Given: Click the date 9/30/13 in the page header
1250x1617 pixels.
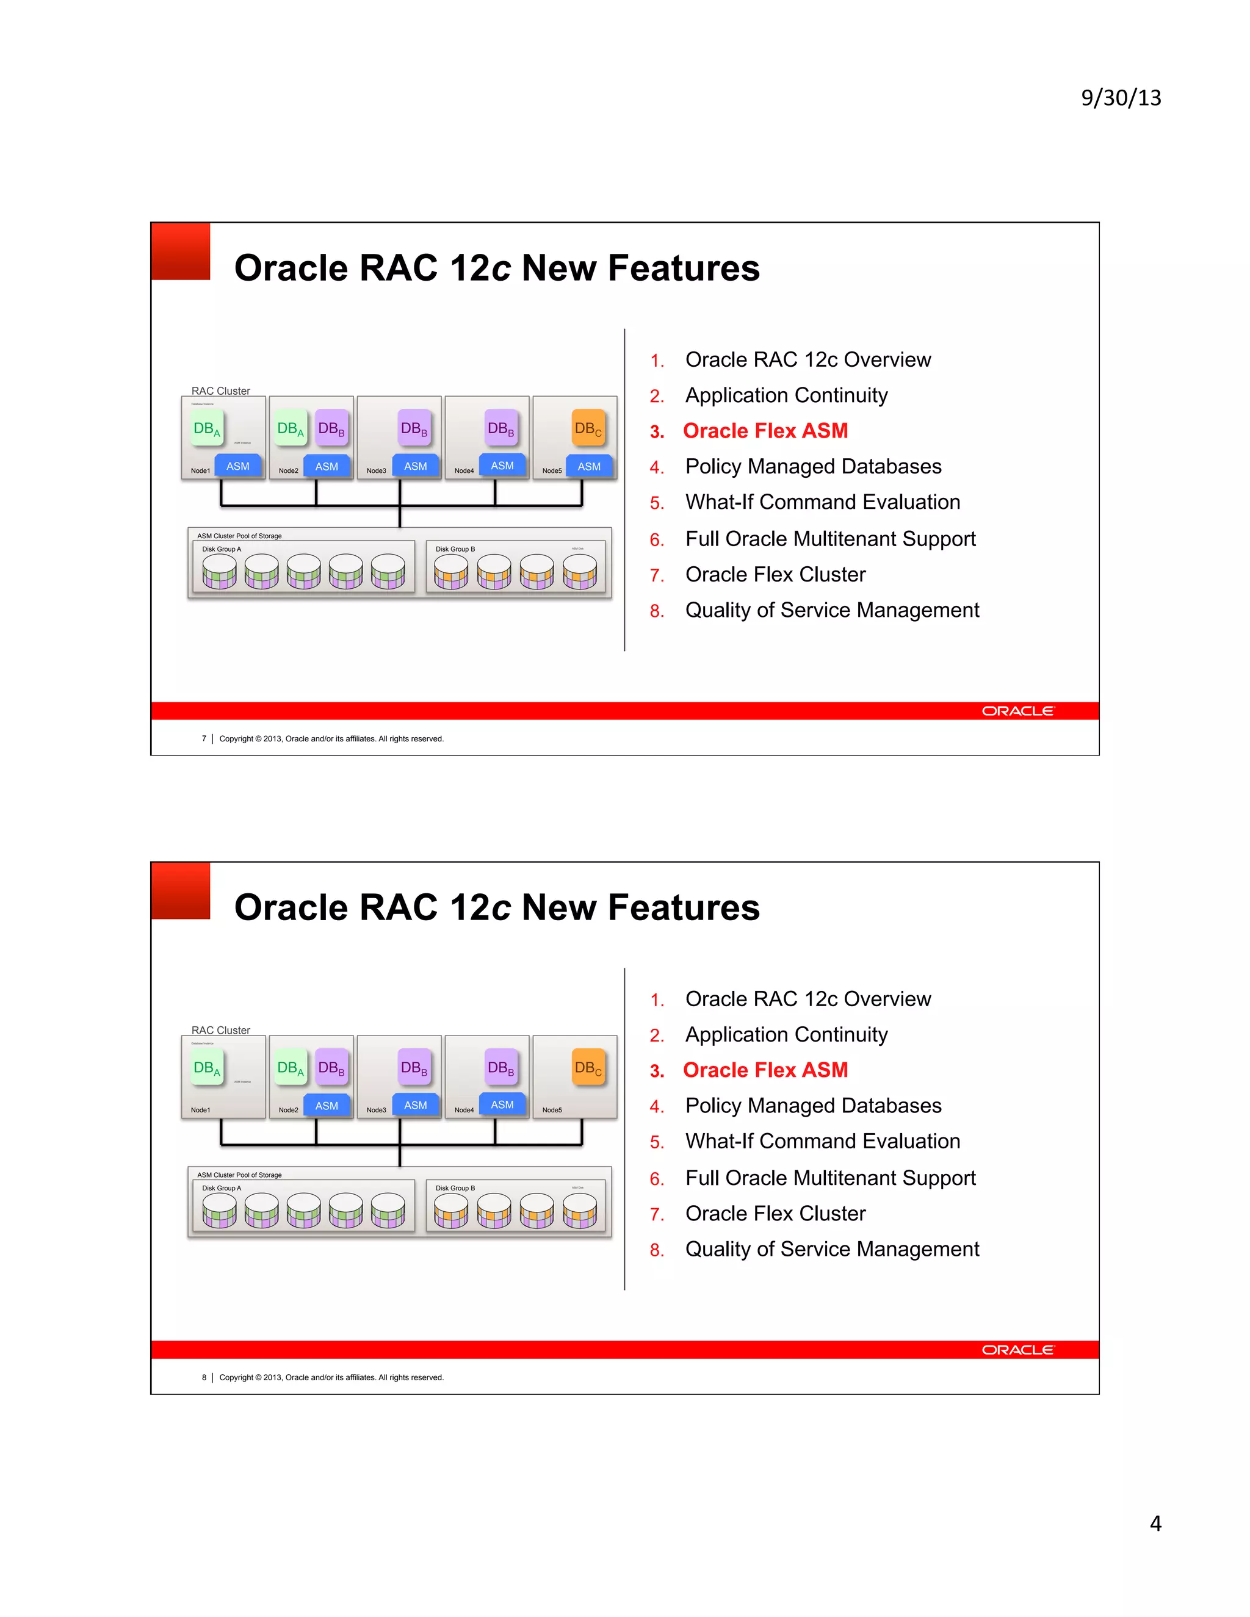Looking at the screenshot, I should (1121, 98).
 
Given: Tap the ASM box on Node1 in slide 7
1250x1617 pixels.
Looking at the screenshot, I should (237, 466).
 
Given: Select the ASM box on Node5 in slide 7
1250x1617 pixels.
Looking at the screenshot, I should (589, 466).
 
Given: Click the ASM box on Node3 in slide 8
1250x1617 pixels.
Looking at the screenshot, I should (416, 1104).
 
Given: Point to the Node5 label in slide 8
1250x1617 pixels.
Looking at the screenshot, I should (552, 1110).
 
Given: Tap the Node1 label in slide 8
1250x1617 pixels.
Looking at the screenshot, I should (200, 1110).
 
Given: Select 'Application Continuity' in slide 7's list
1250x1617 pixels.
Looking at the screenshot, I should (786, 395).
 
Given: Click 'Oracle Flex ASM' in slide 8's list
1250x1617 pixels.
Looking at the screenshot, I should (765, 1070).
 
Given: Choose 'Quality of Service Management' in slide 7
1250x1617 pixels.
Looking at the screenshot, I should (832, 610).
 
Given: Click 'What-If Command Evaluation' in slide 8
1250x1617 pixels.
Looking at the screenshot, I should (822, 1141).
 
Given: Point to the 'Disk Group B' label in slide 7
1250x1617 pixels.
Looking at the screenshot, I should (455, 549).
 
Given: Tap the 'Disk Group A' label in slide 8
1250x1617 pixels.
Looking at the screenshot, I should (222, 1188).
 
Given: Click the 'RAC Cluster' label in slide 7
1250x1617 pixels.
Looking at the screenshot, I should (221, 391).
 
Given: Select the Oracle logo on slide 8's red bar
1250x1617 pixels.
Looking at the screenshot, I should (1017, 1350).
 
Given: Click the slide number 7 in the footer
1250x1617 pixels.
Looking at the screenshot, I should (204, 739).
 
